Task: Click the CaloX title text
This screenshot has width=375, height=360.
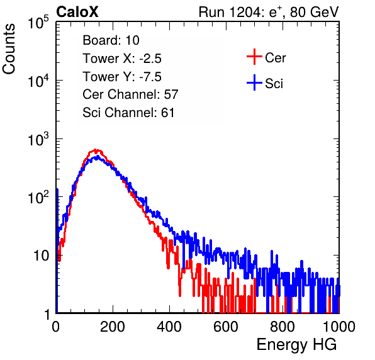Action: [x=77, y=12]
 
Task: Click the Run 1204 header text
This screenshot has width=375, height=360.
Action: [x=269, y=12]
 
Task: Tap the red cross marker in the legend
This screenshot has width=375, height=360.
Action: [x=254, y=57]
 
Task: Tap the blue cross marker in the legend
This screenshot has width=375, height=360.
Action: [x=254, y=82]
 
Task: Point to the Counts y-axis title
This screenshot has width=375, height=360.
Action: [x=9, y=49]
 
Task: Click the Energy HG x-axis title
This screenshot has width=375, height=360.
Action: [x=296, y=344]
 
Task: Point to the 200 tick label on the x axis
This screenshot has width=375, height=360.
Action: [x=113, y=327]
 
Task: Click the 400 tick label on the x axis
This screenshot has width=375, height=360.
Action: [x=169, y=327]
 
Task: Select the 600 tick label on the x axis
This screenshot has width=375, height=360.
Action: [x=226, y=327]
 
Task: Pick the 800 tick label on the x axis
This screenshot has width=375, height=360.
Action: [x=283, y=327]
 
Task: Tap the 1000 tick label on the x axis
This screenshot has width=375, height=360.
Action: [x=339, y=327]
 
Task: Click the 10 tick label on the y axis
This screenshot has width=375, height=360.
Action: [x=42, y=256]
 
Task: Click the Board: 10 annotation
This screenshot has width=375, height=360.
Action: [x=111, y=40]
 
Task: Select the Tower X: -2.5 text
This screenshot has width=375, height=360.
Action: [x=122, y=59]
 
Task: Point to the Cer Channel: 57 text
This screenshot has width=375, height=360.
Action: [x=130, y=94]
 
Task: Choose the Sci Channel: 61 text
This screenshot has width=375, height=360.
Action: [x=128, y=113]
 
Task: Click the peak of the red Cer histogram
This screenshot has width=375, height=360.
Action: [x=95, y=150]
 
